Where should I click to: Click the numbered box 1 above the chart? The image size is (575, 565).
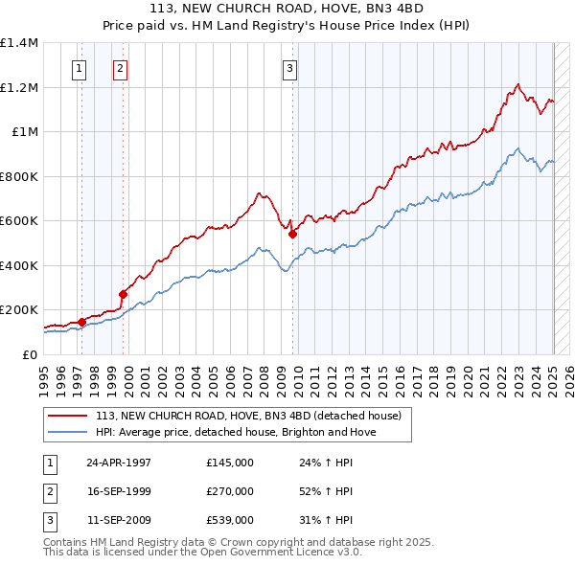[78, 68]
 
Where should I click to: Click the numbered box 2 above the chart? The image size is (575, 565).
[120, 68]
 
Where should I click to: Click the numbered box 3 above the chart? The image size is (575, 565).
[289, 68]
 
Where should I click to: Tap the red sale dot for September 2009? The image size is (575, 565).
[292, 233]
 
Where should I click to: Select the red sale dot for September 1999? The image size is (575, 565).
[123, 294]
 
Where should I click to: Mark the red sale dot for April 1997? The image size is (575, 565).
[81, 322]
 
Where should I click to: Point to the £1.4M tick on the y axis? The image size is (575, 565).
[19, 43]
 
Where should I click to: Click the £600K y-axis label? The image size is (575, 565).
[19, 221]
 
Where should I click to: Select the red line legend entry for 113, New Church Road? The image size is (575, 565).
[253, 416]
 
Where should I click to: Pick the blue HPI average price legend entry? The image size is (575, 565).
[236, 432]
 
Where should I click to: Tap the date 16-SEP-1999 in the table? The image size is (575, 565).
[119, 491]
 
